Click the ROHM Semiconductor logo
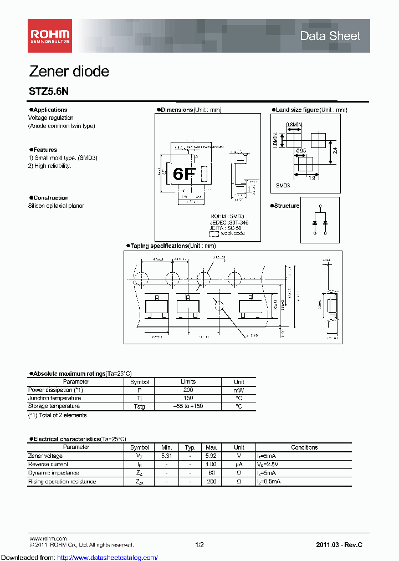click(50, 36)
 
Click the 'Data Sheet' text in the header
click(330, 36)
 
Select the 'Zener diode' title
click(69, 72)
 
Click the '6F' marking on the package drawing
click(184, 174)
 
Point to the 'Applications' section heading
click(50, 110)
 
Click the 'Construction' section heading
click(50, 198)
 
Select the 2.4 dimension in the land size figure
click(335, 150)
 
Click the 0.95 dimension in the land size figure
click(301, 151)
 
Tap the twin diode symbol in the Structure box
click(320, 220)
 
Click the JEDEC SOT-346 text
click(229, 222)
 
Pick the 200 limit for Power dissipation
click(188, 390)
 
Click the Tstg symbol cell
click(140, 406)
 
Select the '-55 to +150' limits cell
click(188, 406)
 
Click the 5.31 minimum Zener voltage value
click(166, 456)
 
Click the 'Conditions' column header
click(304, 447)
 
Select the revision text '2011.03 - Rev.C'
click(339, 545)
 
